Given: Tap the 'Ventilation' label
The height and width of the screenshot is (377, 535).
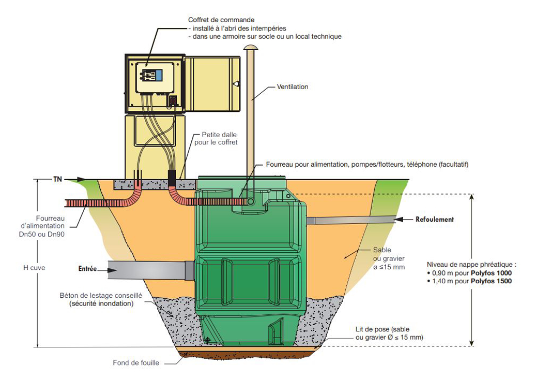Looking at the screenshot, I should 293,87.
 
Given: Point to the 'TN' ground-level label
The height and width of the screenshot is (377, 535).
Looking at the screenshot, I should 57,179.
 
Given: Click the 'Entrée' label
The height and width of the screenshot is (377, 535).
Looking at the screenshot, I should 88,269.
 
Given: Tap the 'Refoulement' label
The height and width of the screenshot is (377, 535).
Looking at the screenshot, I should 435,220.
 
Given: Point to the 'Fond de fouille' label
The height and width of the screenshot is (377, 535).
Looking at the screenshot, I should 136,363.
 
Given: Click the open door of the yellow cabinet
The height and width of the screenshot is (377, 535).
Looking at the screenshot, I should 212,84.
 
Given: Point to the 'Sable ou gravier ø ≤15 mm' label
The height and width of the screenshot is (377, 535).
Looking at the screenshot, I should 389,258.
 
